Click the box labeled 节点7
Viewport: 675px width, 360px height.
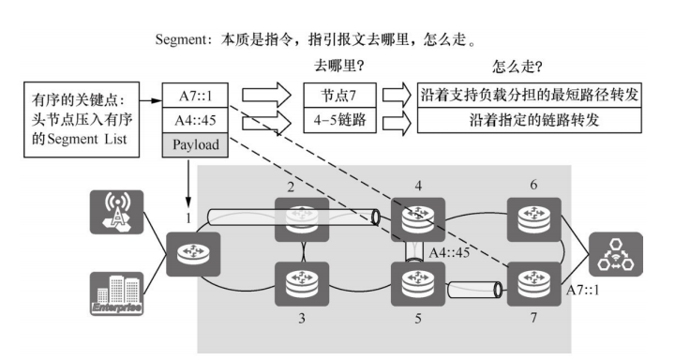click(339, 96)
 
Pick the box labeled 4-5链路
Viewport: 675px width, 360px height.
click(339, 121)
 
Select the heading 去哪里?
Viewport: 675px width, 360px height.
click(339, 68)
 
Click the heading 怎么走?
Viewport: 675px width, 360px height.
click(517, 68)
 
